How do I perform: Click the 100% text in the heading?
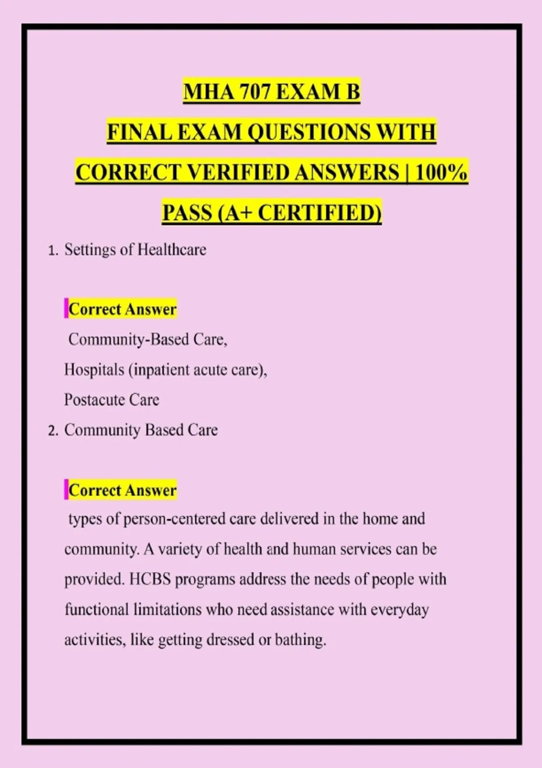coord(441,173)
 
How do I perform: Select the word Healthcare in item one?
coord(172,250)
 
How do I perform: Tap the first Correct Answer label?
coord(122,309)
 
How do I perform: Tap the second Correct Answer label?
coord(122,491)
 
